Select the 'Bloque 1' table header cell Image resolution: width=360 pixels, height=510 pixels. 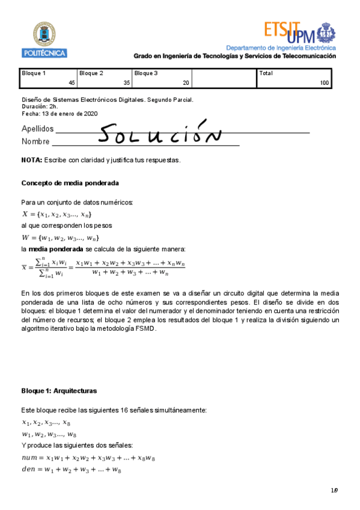[34, 73]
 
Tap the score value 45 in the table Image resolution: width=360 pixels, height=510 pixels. [72, 83]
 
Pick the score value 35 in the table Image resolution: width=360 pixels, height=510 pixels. [126, 83]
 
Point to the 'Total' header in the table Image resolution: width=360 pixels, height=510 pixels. [266, 73]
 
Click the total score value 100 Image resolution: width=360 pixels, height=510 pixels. [325, 83]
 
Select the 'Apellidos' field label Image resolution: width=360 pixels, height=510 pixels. [37, 129]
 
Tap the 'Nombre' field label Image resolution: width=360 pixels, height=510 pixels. [35, 142]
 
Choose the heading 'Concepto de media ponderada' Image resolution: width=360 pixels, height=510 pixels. [70, 183]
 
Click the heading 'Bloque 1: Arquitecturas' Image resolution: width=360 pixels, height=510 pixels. [59, 391]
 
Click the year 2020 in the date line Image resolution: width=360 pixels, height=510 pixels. [90, 113]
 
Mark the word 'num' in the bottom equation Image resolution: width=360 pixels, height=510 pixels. [29, 458]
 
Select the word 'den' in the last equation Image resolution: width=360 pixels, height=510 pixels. [28, 470]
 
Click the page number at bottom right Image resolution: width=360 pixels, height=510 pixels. [334, 491]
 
